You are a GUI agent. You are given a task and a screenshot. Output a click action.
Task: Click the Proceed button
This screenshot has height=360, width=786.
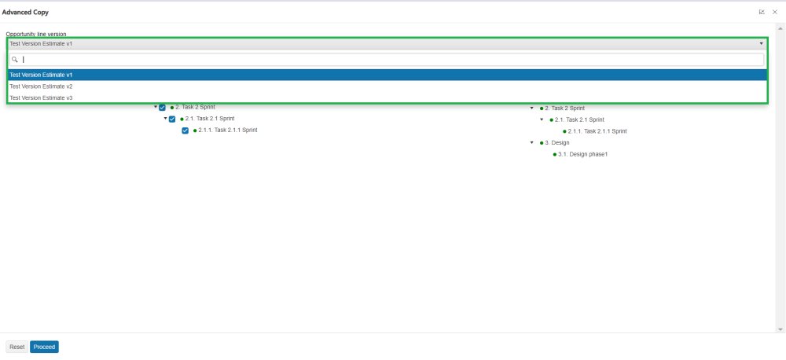click(x=44, y=347)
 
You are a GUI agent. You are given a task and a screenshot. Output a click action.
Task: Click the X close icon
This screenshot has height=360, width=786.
click(x=775, y=12)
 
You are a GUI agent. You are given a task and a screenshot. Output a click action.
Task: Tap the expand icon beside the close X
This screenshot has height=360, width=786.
click(x=762, y=12)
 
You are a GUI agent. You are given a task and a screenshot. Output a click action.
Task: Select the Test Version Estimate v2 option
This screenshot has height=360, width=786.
click(x=41, y=86)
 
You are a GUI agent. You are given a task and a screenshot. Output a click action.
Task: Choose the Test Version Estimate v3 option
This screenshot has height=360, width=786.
click(x=41, y=97)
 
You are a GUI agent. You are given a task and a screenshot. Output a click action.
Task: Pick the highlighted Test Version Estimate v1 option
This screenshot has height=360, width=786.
click(x=41, y=75)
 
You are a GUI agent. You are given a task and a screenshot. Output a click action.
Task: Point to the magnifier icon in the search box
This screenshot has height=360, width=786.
click(x=15, y=60)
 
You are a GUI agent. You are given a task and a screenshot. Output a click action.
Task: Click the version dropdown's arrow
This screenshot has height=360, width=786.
click(x=761, y=44)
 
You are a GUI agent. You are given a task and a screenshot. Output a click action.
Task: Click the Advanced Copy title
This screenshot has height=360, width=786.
click(x=25, y=12)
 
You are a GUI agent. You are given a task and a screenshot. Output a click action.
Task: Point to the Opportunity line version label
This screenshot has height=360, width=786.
click(x=36, y=34)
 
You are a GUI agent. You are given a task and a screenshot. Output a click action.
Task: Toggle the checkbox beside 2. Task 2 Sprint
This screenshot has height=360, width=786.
click(x=162, y=108)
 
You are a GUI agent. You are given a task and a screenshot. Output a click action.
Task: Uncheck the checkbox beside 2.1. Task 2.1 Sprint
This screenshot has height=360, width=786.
click(x=172, y=119)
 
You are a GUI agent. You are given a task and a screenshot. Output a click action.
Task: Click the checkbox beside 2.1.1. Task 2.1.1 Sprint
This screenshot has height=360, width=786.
click(x=185, y=130)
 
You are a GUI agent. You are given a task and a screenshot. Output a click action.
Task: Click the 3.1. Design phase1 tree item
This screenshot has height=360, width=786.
click(x=582, y=154)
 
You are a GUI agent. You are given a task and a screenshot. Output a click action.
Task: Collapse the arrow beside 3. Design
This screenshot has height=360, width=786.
click(x=532, y=142)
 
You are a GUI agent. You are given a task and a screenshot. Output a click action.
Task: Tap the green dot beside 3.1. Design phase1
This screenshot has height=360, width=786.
click(x=554, y=154)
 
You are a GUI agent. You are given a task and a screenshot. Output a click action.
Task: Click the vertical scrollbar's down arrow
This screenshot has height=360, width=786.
click(x=780, y=329)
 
